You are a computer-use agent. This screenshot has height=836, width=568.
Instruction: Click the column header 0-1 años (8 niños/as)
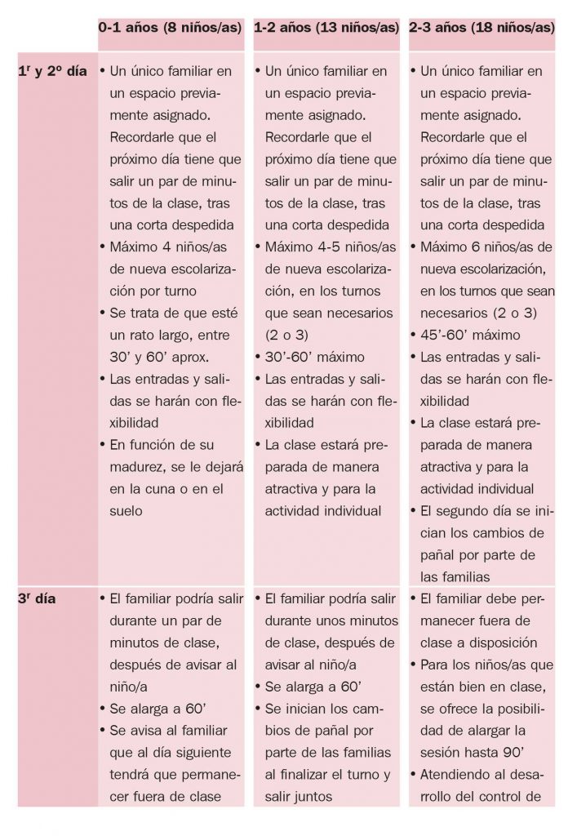(171, 27)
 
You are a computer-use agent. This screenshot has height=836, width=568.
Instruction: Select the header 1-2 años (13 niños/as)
(329, 27)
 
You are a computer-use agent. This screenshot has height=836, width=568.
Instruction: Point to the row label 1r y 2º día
(51, 71)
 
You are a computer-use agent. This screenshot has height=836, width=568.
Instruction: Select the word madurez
(137, 467)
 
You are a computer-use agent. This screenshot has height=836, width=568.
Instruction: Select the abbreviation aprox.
(192, 357)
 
